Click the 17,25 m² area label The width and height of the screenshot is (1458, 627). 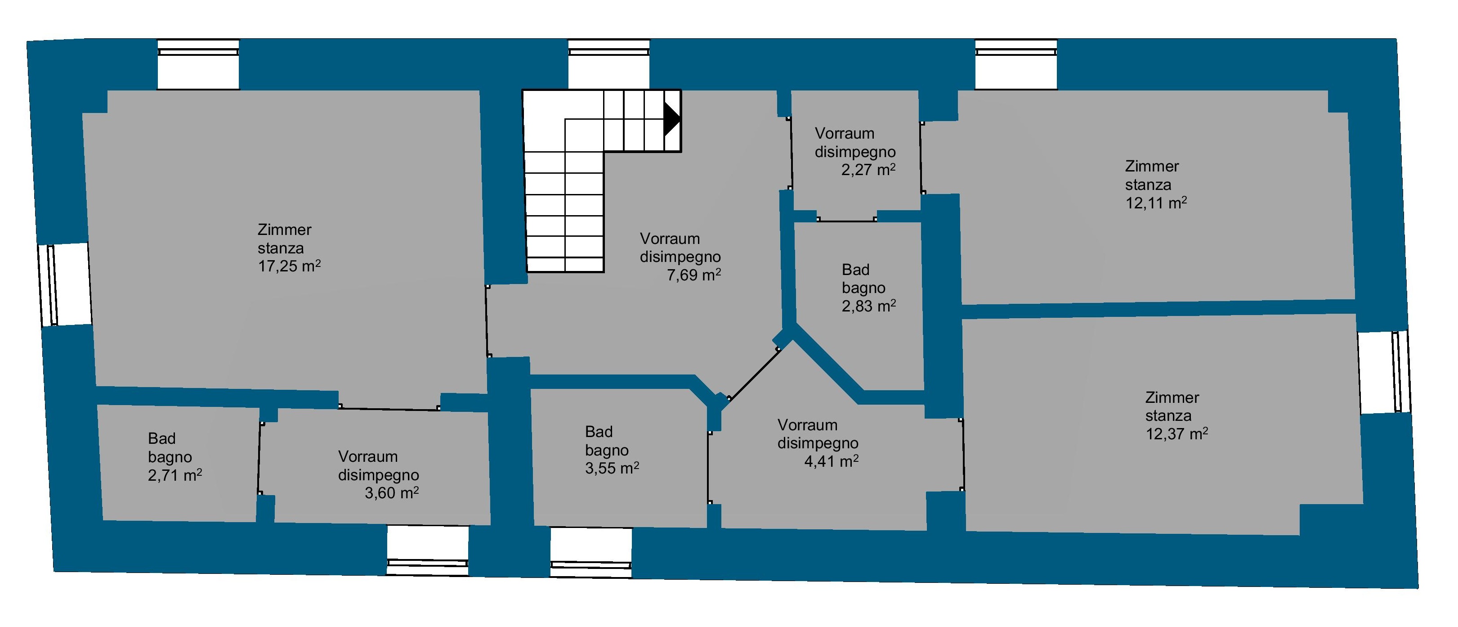coord(289,266)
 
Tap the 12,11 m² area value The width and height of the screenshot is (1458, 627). coord(1156,203)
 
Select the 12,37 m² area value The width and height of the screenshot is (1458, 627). coord(1177,434)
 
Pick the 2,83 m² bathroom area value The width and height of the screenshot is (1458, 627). coord(869,307)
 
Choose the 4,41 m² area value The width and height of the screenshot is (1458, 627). coord(832,461)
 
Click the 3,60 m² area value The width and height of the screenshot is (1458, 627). coord(392,493)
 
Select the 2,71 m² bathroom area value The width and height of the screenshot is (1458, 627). coord(175,475)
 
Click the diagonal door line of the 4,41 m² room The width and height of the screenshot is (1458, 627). coord(754,374)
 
